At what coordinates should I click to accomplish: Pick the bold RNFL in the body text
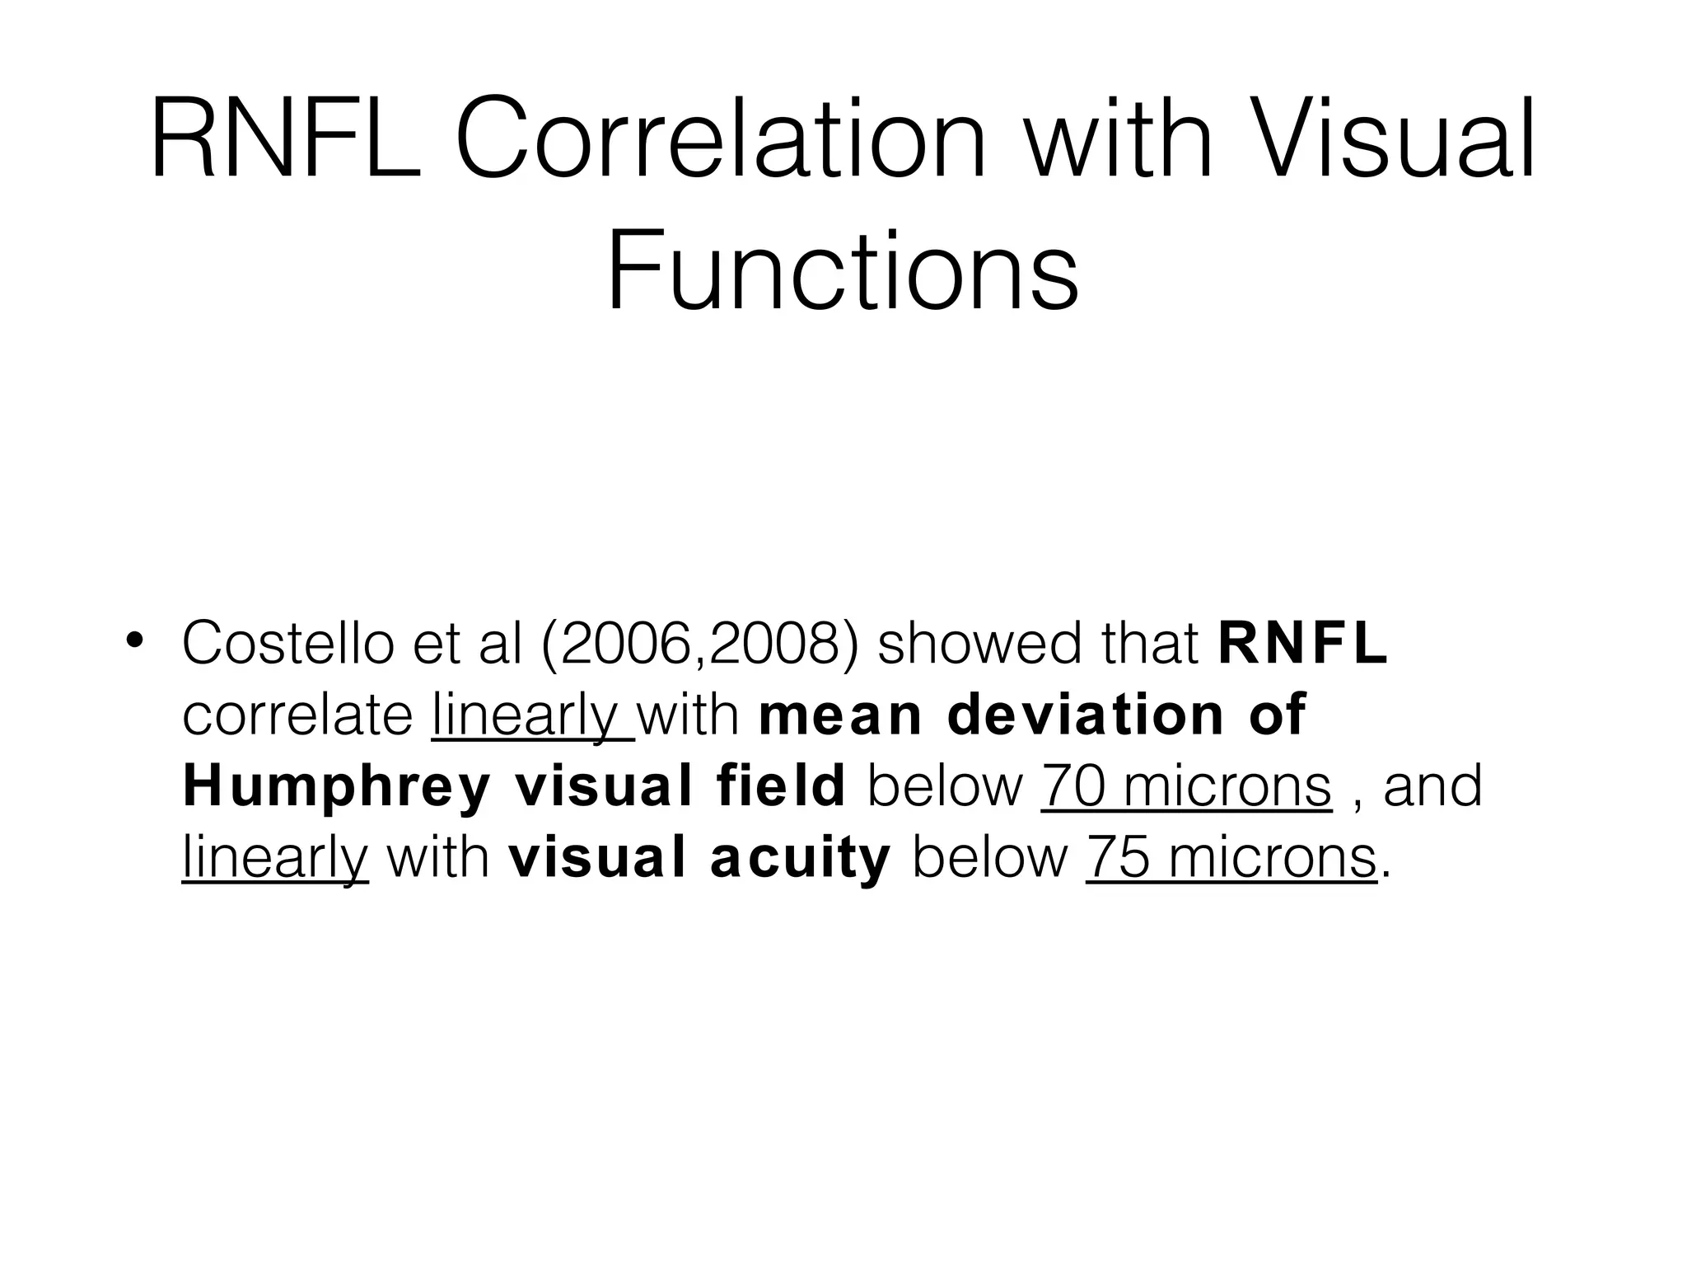click(x=1303, y=643)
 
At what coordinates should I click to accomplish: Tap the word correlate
click(x=297, y=715)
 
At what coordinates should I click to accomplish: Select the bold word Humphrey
click(x=337, y=785)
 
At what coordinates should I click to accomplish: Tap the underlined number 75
click(x=1119, y=857)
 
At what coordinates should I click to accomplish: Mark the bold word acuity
click(x=800, y=857)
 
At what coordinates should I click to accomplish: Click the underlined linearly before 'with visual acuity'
click(x=274, y=857)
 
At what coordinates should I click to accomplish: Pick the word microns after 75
click(x=1272, y=857)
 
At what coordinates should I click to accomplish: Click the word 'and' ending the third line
click(x=1432, y=785)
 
